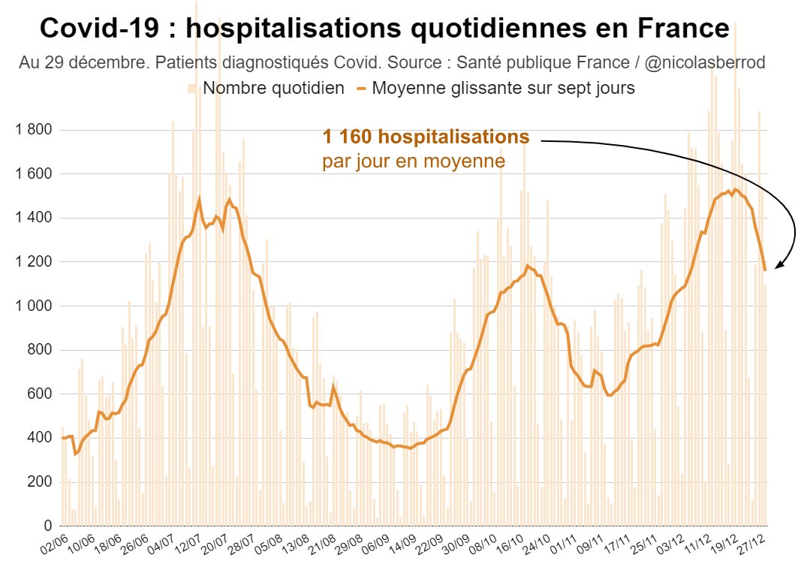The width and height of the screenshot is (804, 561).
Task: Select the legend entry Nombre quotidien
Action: click(273, 88)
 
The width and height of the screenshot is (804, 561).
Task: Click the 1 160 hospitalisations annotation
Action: click(426, 137)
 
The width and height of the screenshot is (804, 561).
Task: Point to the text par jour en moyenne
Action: click(413, 161)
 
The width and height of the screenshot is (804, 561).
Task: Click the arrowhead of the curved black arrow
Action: click(778, 265)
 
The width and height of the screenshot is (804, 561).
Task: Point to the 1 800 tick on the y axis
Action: click(33, 130)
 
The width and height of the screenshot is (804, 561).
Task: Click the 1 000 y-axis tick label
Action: click(33, 306)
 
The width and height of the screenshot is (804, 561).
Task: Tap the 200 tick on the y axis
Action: click(38, 481)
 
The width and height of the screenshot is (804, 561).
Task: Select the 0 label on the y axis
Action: click(47, 525)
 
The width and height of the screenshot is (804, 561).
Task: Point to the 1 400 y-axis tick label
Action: click(33, 218)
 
